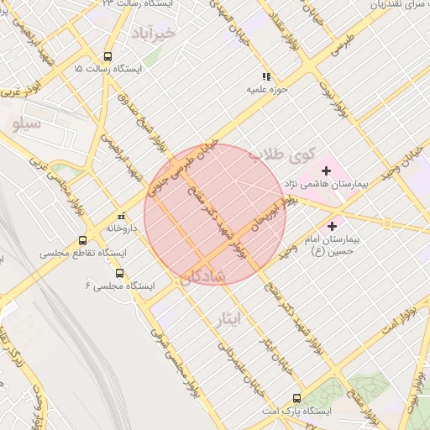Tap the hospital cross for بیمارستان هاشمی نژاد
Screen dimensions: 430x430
tap(327, 170)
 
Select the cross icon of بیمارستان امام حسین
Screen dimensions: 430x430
tap(333, 226)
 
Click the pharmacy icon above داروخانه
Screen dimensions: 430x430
tap(123, 216)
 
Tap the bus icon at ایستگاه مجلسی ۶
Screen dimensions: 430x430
tap(118, 273)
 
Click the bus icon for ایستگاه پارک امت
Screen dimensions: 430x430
tap(296, 399)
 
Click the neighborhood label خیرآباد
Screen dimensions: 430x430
tap(152, 34)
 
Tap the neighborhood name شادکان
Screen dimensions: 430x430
tap(202, 277)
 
